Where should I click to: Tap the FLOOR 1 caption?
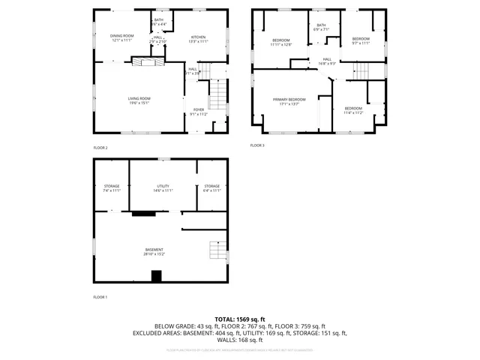tap(100, 297)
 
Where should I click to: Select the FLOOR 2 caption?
tap(100, 148)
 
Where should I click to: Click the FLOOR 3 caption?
tap(257, 145)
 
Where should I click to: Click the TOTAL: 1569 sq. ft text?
tap(240, 319)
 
